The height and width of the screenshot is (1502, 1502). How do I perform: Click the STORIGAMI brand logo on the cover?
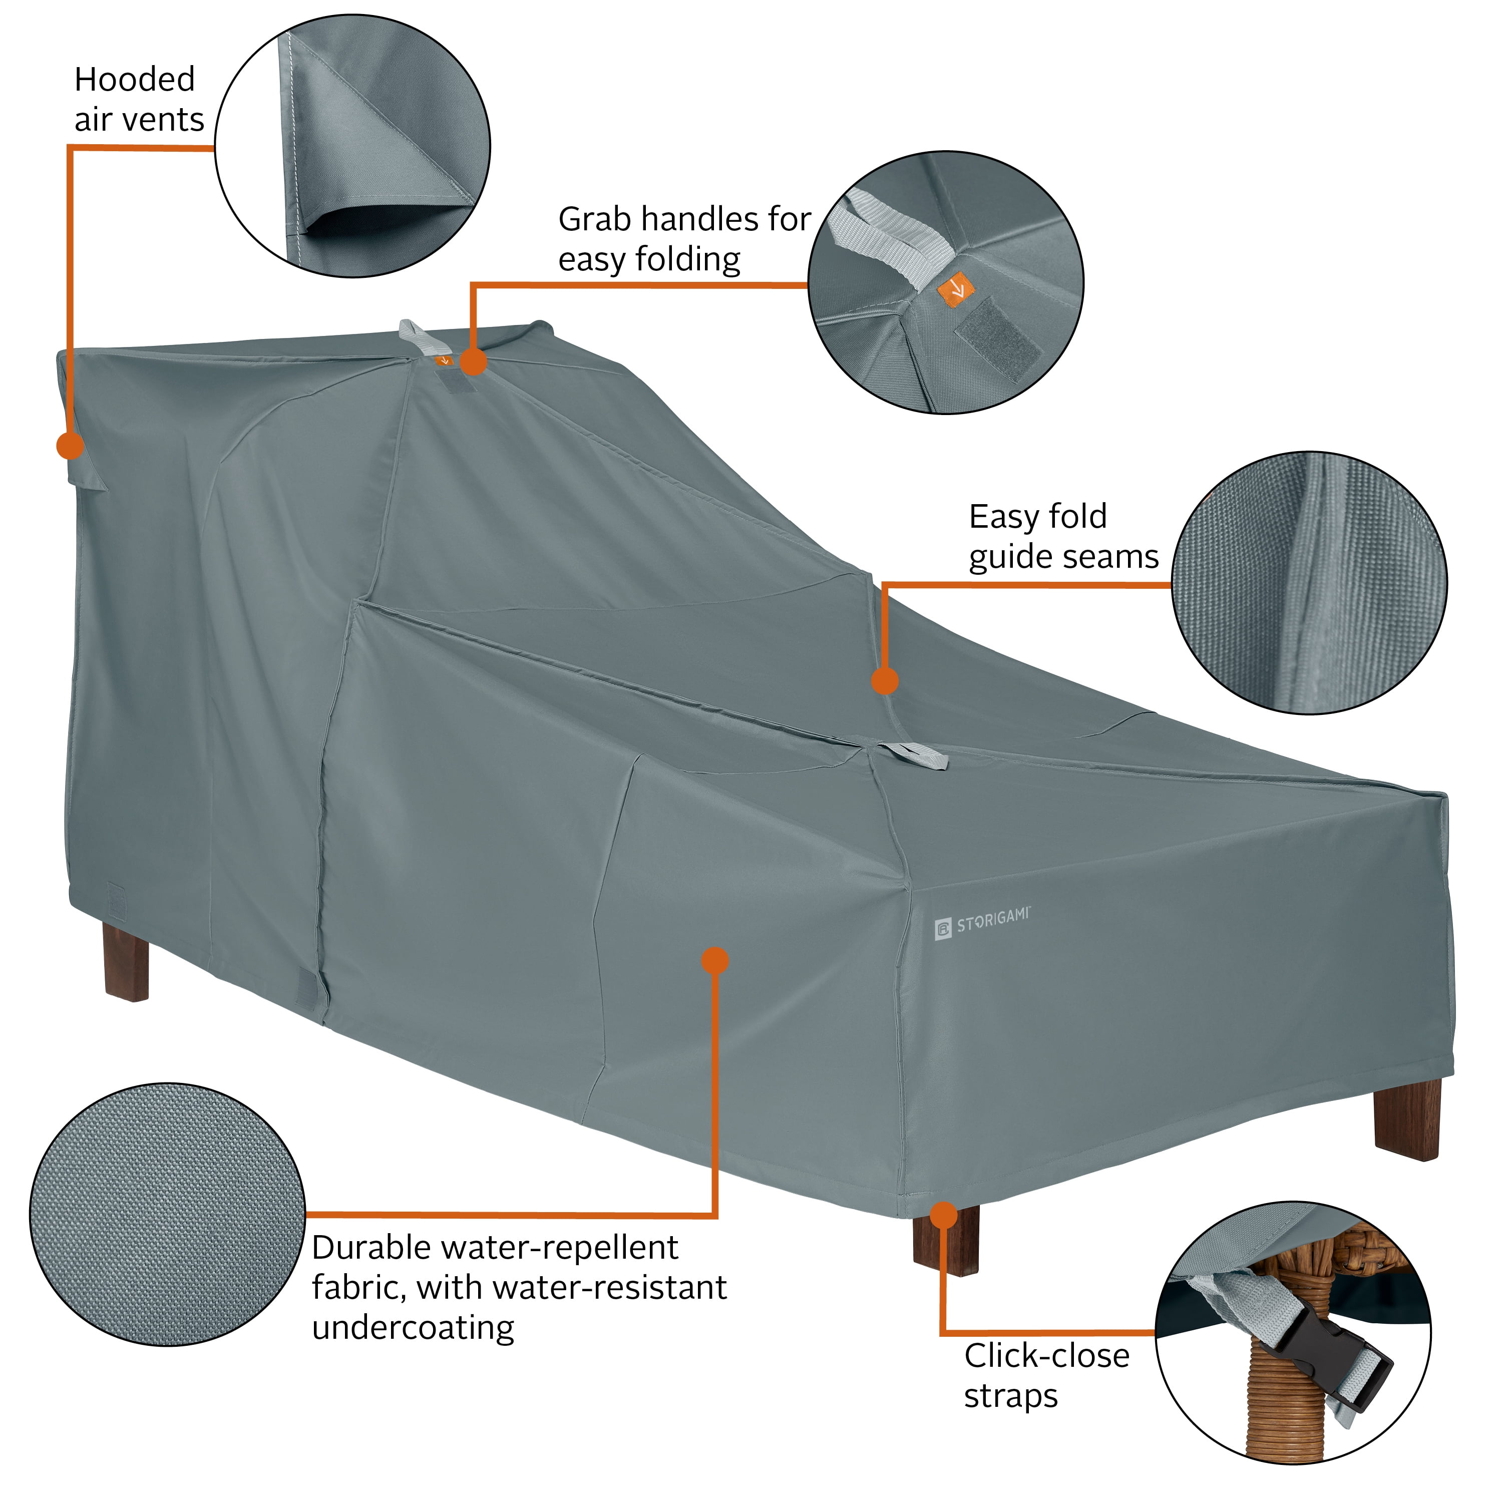point(981,923)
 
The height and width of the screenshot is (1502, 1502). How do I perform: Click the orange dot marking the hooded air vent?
point(70,446)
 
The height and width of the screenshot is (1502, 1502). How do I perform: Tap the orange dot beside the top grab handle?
point(474,361)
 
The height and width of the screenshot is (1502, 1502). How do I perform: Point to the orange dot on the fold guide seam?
point(885,681)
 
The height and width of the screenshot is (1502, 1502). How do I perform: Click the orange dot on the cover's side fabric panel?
point(714,961)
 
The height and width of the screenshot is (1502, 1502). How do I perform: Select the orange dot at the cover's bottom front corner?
point(943,1215)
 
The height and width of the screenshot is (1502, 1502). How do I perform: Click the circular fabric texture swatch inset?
point(168,1214)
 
